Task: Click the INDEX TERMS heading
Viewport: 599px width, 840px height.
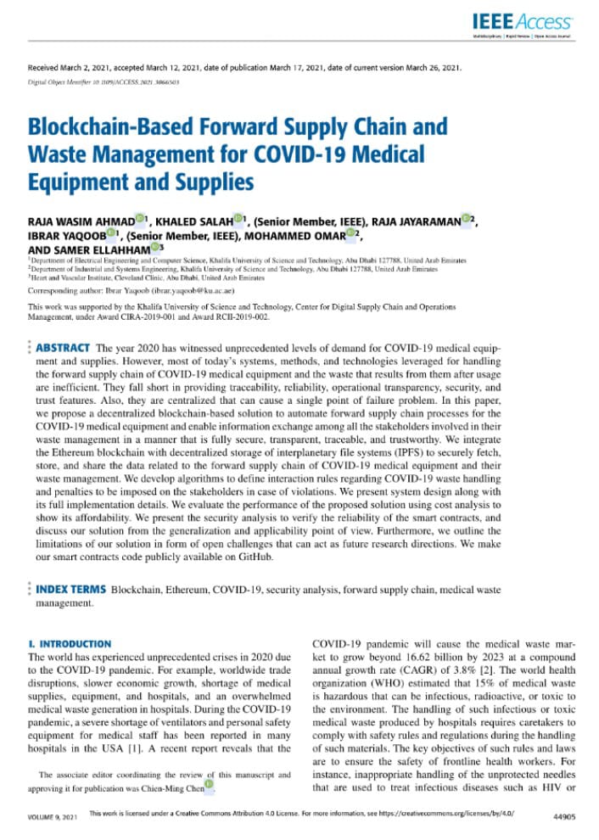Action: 71,588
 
